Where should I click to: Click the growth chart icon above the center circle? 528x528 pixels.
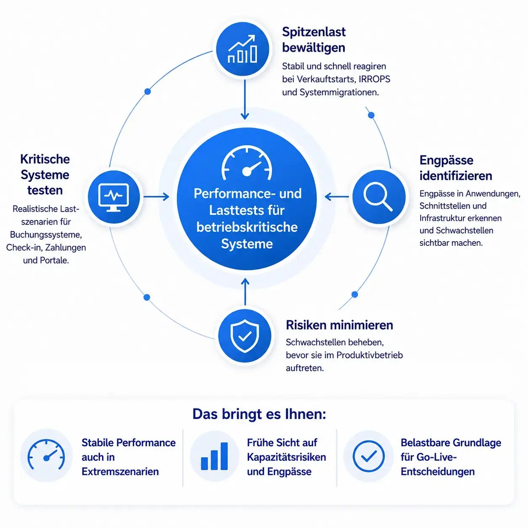click(x=243, y=49)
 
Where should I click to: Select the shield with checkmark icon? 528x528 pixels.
click(x=245, y=336)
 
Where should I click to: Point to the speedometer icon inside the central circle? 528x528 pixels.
click(x=247, y=163)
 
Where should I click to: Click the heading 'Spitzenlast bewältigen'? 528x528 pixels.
click(x=314, y=40)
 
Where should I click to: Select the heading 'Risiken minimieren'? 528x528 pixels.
click(x=339, y=325)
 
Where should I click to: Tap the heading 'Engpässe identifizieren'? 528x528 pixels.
click(x=456, y=168)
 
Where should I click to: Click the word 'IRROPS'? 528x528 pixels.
click(x=374, y=79)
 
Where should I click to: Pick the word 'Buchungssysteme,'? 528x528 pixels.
click(x=46, y=235)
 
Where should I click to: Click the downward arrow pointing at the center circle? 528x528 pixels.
click(x=245, y=99)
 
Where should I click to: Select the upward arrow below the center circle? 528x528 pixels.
click(x=245, y=292)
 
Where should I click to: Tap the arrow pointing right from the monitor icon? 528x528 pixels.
click(x=156, y=197)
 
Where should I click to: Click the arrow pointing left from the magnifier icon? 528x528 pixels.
click(x=337, y=197)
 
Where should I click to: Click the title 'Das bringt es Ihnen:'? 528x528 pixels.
click(x=259, y=414)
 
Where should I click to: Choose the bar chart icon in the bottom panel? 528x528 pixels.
click(x=214, y=456)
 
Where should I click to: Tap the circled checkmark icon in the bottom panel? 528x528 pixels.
click(x=368, y=456)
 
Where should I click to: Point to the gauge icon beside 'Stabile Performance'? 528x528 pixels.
click(x=46, y=455)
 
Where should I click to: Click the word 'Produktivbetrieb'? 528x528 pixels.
click(x=370, y=355)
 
